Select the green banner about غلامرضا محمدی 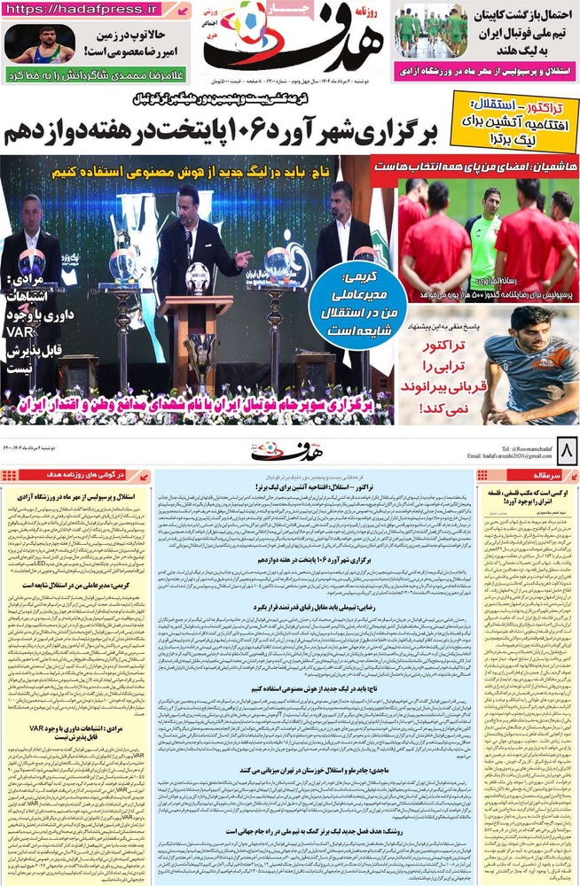click(x=97, y=75)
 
